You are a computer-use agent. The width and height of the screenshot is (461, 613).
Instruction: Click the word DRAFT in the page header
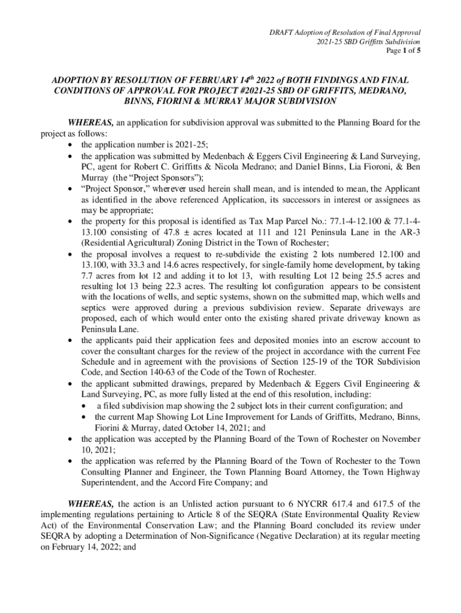pyautogui.click(x=281, y=32)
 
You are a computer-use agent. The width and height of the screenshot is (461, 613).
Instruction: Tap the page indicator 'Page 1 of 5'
pyautogui.click(x=402, y=51)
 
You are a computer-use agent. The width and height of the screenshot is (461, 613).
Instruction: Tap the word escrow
pyautogui.click(x=343, y=340)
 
